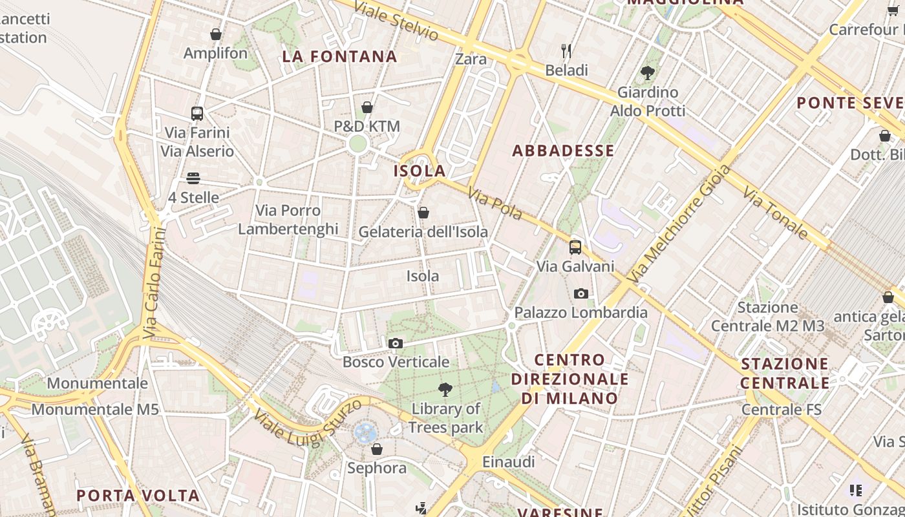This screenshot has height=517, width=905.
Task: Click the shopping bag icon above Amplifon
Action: click(x=216, y=34)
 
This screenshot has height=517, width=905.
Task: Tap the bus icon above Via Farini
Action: click(x=197, y=114)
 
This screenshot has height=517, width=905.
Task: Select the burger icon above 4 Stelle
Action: click(x=193, y=178)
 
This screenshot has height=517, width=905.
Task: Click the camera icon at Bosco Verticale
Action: click(x=396, y=343)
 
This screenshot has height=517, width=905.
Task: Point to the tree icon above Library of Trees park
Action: click(x=445, y=390)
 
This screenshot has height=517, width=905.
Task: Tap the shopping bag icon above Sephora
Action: click(x=376, y=448)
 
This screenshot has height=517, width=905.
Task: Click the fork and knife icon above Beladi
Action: click(x=566, y=51)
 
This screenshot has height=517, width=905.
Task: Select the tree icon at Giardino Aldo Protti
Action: click(x=647, y=73)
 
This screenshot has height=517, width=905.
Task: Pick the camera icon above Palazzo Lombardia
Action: click(x=581, y=294)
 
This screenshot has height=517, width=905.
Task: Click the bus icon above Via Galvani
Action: click(x=575, y=247)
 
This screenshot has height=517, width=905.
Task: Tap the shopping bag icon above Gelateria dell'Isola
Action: click(x=423, y=213)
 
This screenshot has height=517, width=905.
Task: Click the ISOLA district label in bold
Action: click(x=420, y=171)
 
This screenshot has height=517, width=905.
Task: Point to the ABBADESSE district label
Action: click(x=563, y=151)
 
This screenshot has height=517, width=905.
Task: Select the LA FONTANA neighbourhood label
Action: click(x=339, y=57)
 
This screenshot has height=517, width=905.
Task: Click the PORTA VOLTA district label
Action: click(x=138, y=496)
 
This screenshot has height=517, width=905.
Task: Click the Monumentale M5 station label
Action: click(x=95, y=409)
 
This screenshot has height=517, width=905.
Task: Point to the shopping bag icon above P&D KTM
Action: click(x=367, y=107)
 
